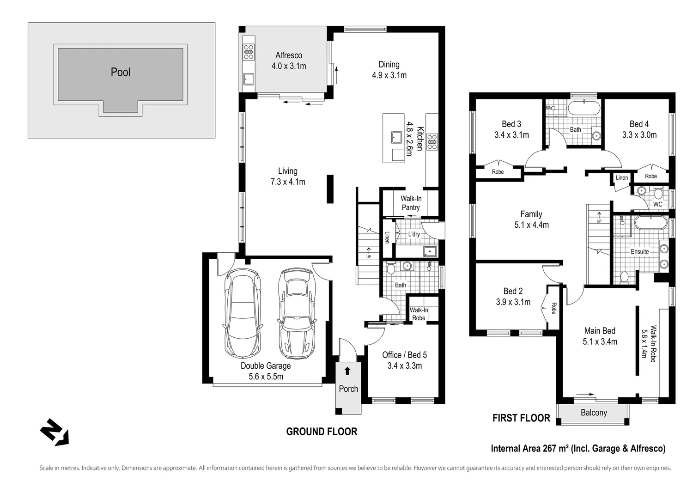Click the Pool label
click(121, 72)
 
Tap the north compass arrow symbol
click(54, 432)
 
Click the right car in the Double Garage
click(296, 314)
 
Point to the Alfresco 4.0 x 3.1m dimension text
click(289, 66)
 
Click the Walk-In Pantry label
click(411, 203)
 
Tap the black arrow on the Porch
click(347, 371)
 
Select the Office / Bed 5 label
click(404, 355)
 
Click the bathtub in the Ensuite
click(650, 223)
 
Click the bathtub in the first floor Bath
click(584, 109)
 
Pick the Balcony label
click(594, 413)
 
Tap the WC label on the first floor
click(657, 204)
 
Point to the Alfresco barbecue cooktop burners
click(249, 51)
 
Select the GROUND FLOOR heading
click(322, 432)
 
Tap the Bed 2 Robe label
click(553, 308)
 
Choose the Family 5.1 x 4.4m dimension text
click(531, 225)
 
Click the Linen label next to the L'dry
click(387, 237)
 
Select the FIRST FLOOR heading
click(521, 418)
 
